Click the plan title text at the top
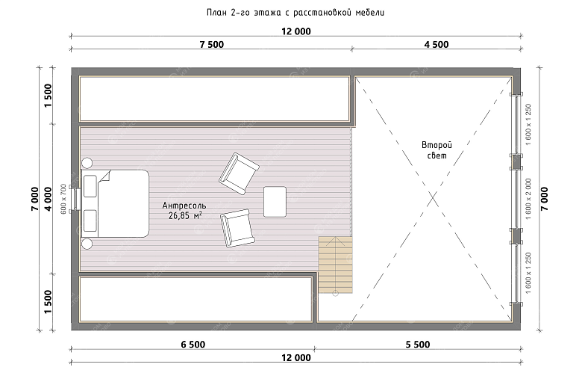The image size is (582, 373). [x=295, y=13]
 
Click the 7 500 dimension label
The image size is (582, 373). [x=212, y=45]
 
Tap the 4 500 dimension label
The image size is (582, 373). [x=436, y=45]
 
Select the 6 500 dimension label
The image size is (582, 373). [x=193, y=345]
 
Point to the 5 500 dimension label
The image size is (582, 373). [x=418, y=345]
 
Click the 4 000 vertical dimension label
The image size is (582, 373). [x=48, y=199]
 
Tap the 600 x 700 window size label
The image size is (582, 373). [x=63, y=199]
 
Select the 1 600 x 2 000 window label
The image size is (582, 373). [x=528, y=199]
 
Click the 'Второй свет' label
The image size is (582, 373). [x=436, y=150]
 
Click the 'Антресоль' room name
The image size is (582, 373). [x=184, y=206]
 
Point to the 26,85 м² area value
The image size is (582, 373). [x=185, y=215]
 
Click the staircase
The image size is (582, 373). [x=335, y=265]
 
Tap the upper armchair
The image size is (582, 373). [x=239, y=173]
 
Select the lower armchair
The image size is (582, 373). [x=237, y=228]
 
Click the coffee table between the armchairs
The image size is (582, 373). [x=275, y=202]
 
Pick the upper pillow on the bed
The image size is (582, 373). [x=90, y=186]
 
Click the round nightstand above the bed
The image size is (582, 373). [x=87, y=163]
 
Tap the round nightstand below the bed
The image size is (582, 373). [x=87, y=244]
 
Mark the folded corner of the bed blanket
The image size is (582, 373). [x=105, y=176]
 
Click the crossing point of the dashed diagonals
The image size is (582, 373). [x=433, y=200]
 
